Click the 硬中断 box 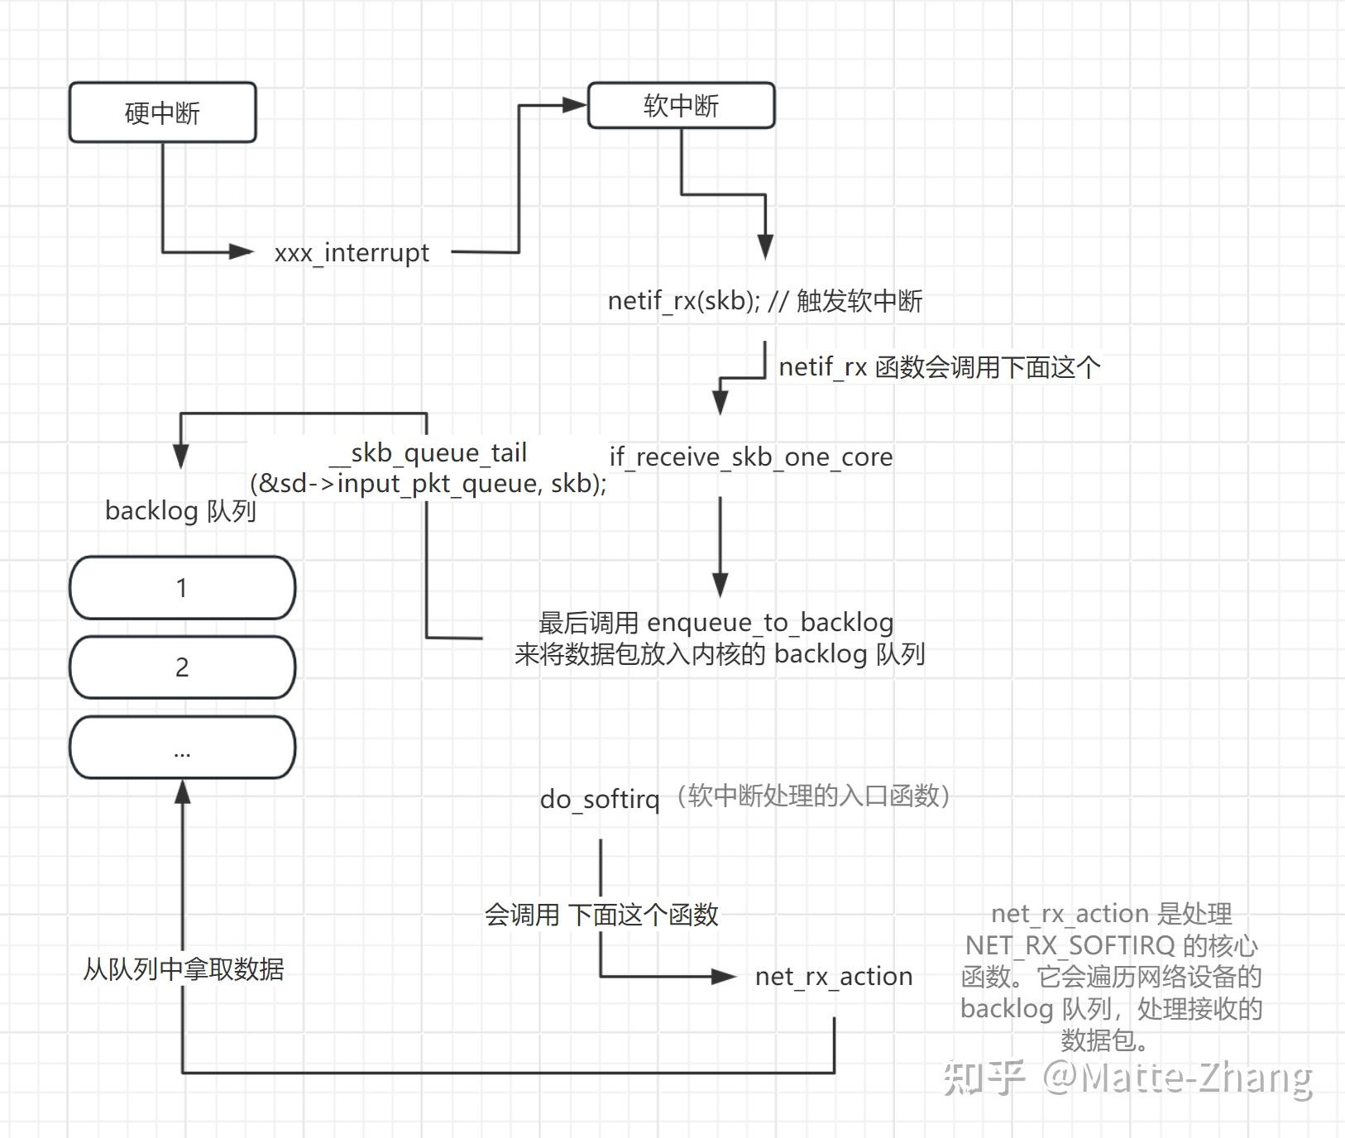pyautogui.click(x=162, y=112)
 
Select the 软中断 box pyautogui.click(x=681, y=106)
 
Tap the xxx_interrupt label pyautogui.click(x=352, y=252)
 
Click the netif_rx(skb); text pyautogui.click(x=683, y=300)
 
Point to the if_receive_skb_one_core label pyautogui.click(x=751, y=457)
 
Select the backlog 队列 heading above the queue pyautogui.click(x=180, y=511)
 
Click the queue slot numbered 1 pyautogui.click(x=182, y=588)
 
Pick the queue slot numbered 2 pyautogui.click(x=182, y=667)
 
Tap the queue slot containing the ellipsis pyautogui.click(x=182, y=748)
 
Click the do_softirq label pyautogui.click(x=600, y=799)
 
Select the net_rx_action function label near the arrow pyautogui.click(x=834, y=977)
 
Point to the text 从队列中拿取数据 pyautogui.click(x=184, y=968)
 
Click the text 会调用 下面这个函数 pyautogui.click(x=601, y=915)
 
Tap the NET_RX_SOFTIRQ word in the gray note pyautogui.click(x=1070, y=945)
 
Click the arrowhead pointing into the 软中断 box pyautogui.click(x=575, y=105)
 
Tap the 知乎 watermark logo pyautogui.click(x=984, y=1077)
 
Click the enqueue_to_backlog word pyautogui.click(x=770, y=622)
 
